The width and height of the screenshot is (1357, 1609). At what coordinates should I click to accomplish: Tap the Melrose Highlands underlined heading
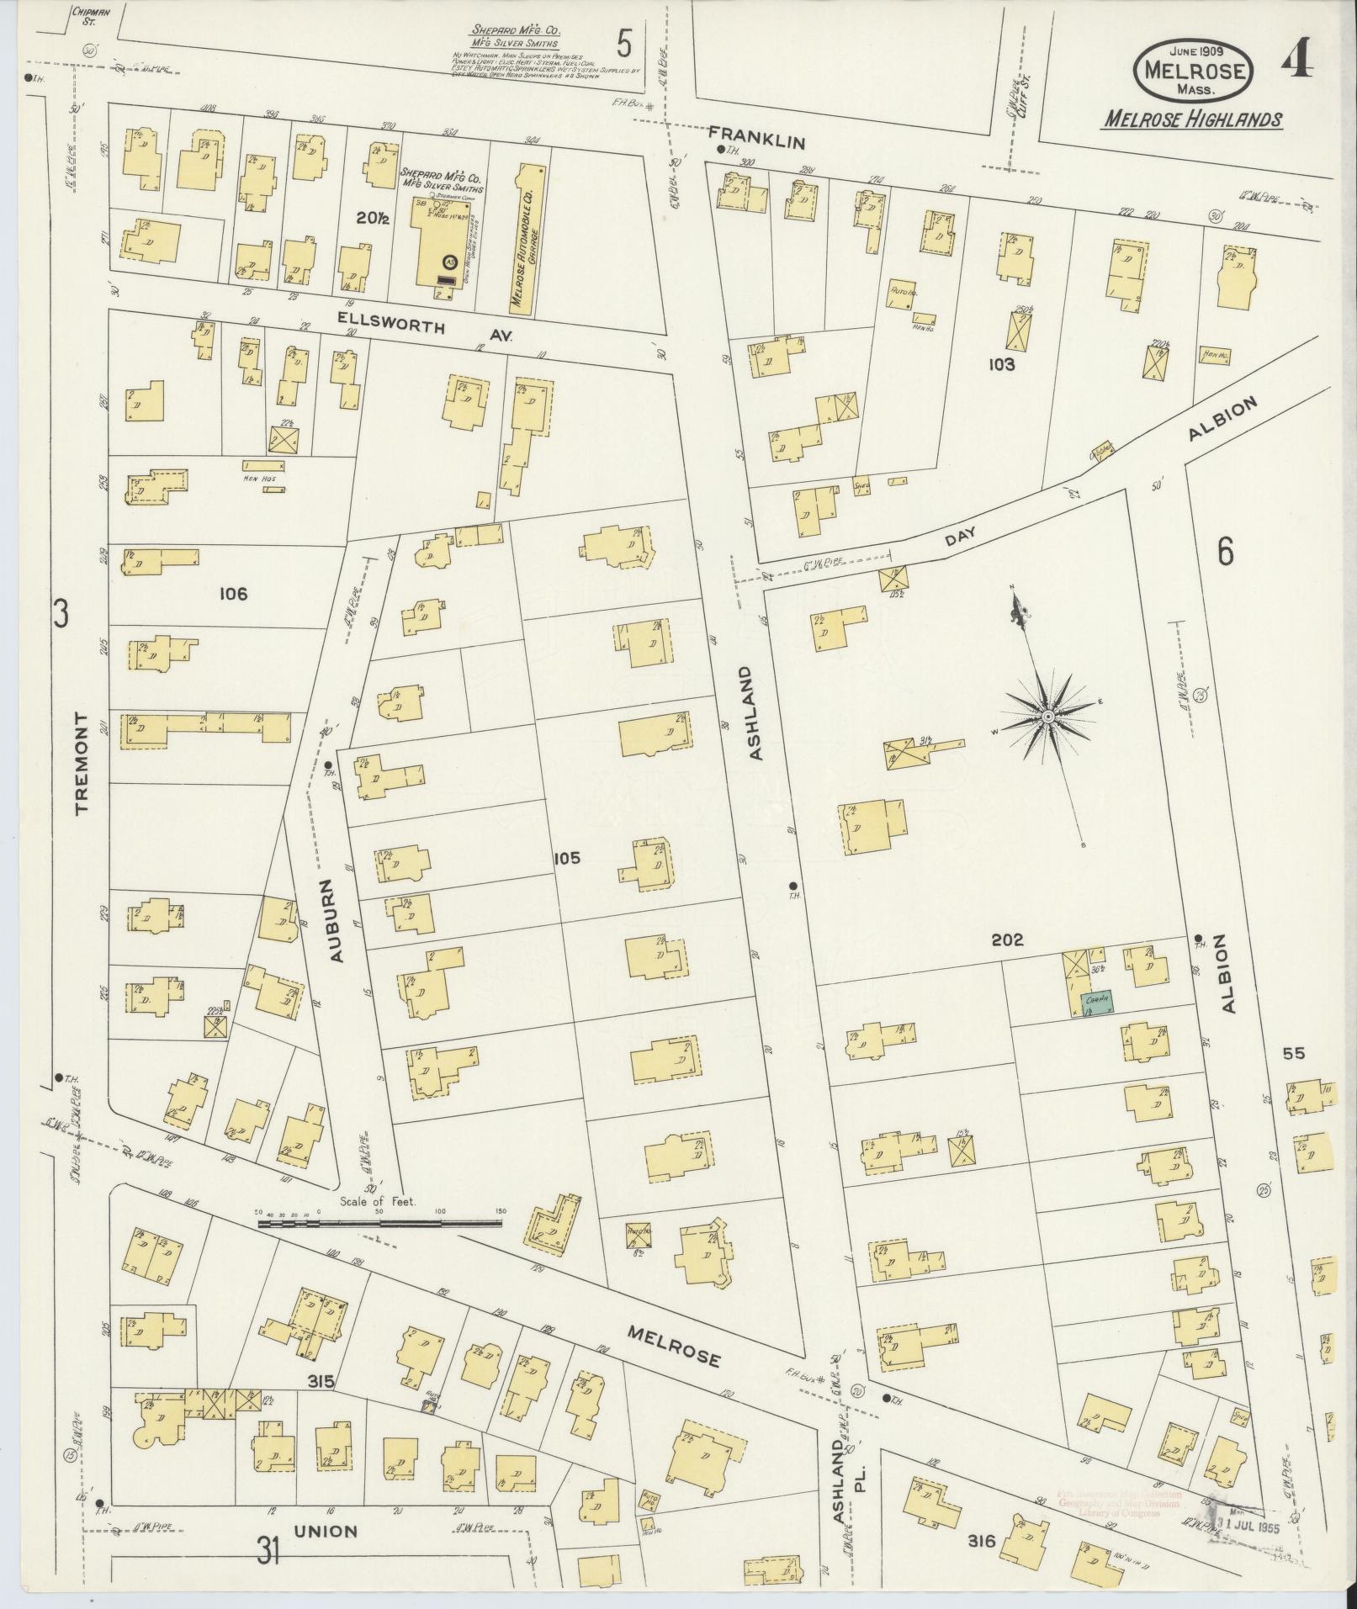1192,119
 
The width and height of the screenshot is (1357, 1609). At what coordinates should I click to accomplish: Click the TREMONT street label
82,763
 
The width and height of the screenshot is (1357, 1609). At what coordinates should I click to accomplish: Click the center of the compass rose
1048,717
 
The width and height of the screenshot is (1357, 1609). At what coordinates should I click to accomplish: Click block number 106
233,594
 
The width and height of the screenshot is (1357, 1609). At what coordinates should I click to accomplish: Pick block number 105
567,858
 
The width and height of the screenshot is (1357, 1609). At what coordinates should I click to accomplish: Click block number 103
1002,364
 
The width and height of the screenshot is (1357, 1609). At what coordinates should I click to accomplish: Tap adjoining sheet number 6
1225,553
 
